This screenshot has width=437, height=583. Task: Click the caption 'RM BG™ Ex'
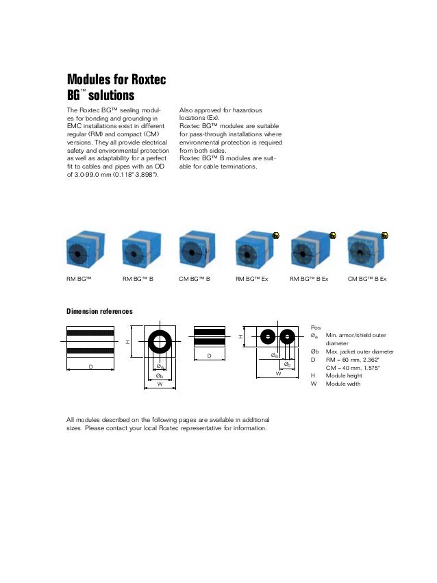click(252, 279)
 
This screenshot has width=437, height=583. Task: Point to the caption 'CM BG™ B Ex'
click(367, 279)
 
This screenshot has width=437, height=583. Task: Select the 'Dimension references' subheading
click(99, 312)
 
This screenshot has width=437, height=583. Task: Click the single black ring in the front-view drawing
click(160, 341)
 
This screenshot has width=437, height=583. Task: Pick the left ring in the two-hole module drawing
click(267, 336)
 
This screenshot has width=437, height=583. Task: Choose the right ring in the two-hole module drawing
click(288, 336)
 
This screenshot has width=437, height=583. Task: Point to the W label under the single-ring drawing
click(160, 384)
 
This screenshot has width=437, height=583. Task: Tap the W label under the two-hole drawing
click(278, 374)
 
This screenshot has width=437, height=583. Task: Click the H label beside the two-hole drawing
click(240, 336)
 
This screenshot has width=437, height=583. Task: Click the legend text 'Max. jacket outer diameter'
click(360, 351)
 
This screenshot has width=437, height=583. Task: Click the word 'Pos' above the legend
click(315, 327)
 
